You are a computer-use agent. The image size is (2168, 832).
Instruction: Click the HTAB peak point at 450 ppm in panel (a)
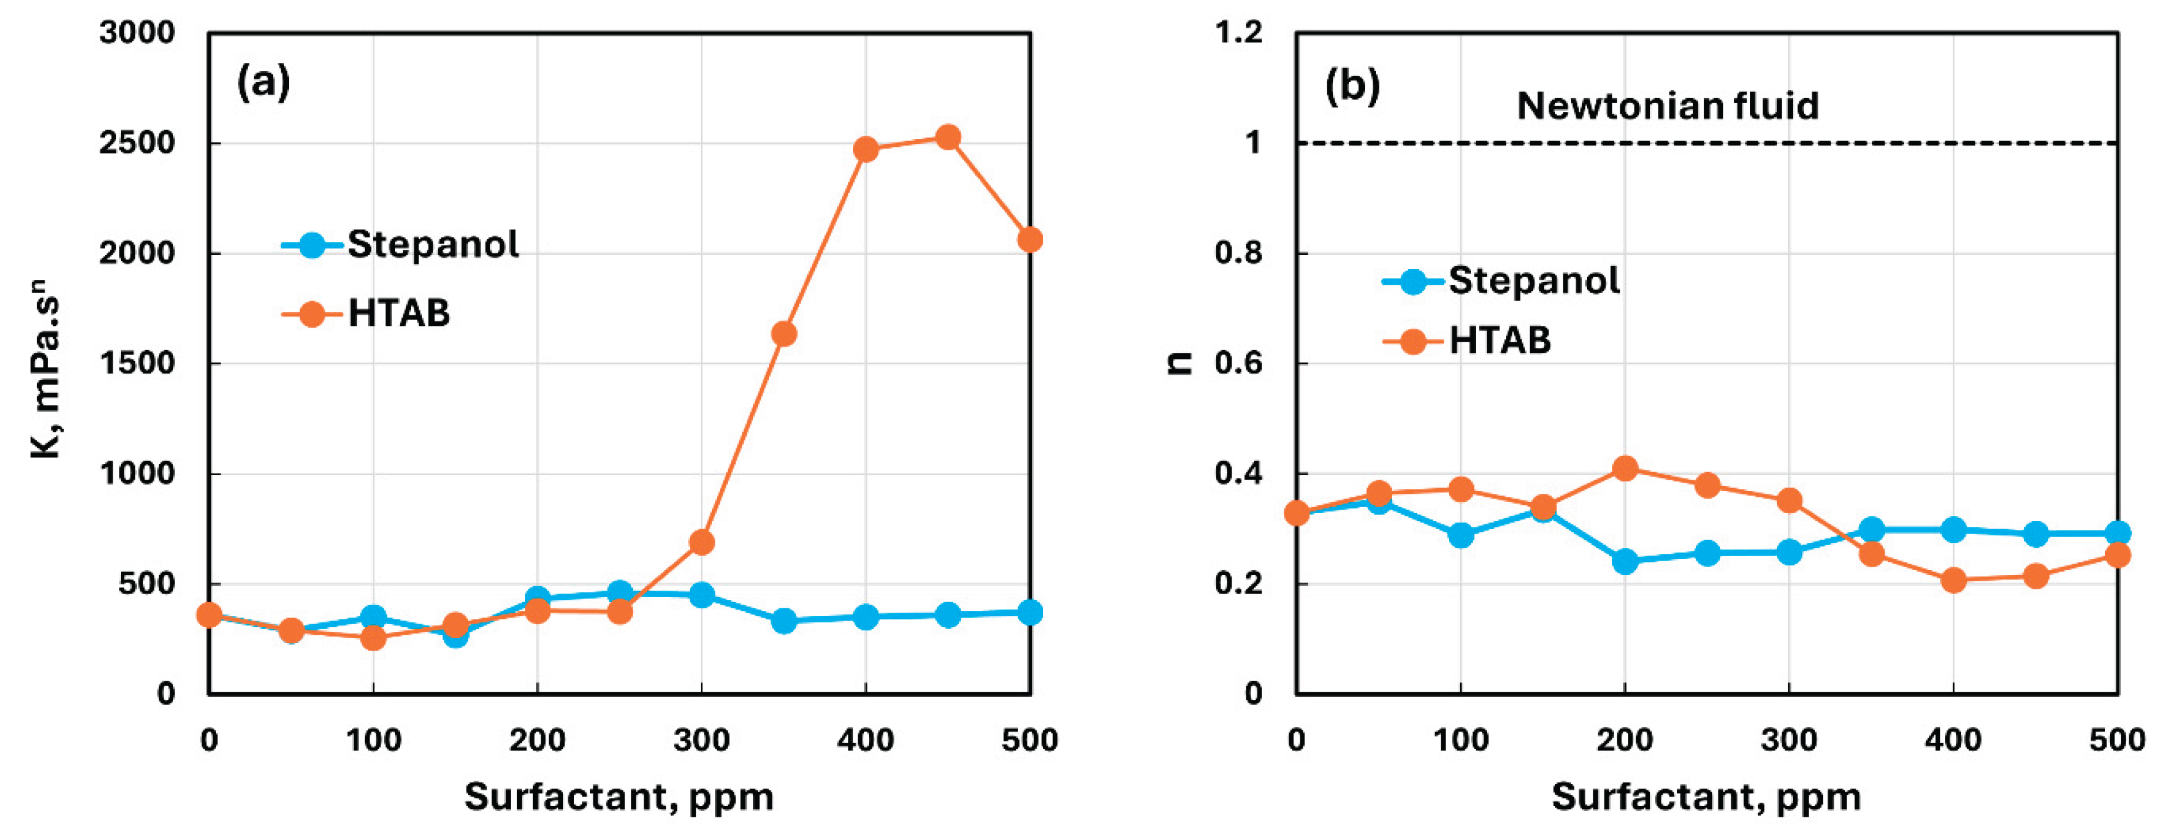(x=948, y=137)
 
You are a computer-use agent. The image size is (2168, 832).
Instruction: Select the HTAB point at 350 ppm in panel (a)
(x=784, y=334)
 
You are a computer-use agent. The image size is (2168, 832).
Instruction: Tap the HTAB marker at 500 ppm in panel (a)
(x=1029, y=240)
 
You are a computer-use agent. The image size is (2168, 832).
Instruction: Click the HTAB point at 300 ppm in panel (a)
(x=701, y=543)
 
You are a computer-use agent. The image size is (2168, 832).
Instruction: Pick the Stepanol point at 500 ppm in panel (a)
(x=1029, y=612)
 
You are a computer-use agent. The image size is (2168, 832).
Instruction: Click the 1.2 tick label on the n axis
(x=1238, y=33)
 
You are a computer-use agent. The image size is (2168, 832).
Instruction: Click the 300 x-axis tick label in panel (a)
(x=701, y=740)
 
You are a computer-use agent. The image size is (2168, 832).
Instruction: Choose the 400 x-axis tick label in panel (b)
(x=1953, y=740)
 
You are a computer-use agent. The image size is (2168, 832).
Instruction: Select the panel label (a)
(x=264, y=83)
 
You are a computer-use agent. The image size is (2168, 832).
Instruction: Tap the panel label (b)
(x=1351, y=85)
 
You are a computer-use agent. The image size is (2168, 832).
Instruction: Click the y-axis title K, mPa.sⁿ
(x=47, y=375)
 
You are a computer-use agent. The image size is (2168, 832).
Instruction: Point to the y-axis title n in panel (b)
(x=1182, y=362)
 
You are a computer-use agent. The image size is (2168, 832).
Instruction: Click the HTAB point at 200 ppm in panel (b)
(x=1624, y=468)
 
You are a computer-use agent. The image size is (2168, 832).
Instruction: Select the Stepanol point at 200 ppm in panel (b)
(x=1624, y=561)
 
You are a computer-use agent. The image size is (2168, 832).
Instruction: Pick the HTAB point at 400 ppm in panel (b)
(x=1953, y=580)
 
